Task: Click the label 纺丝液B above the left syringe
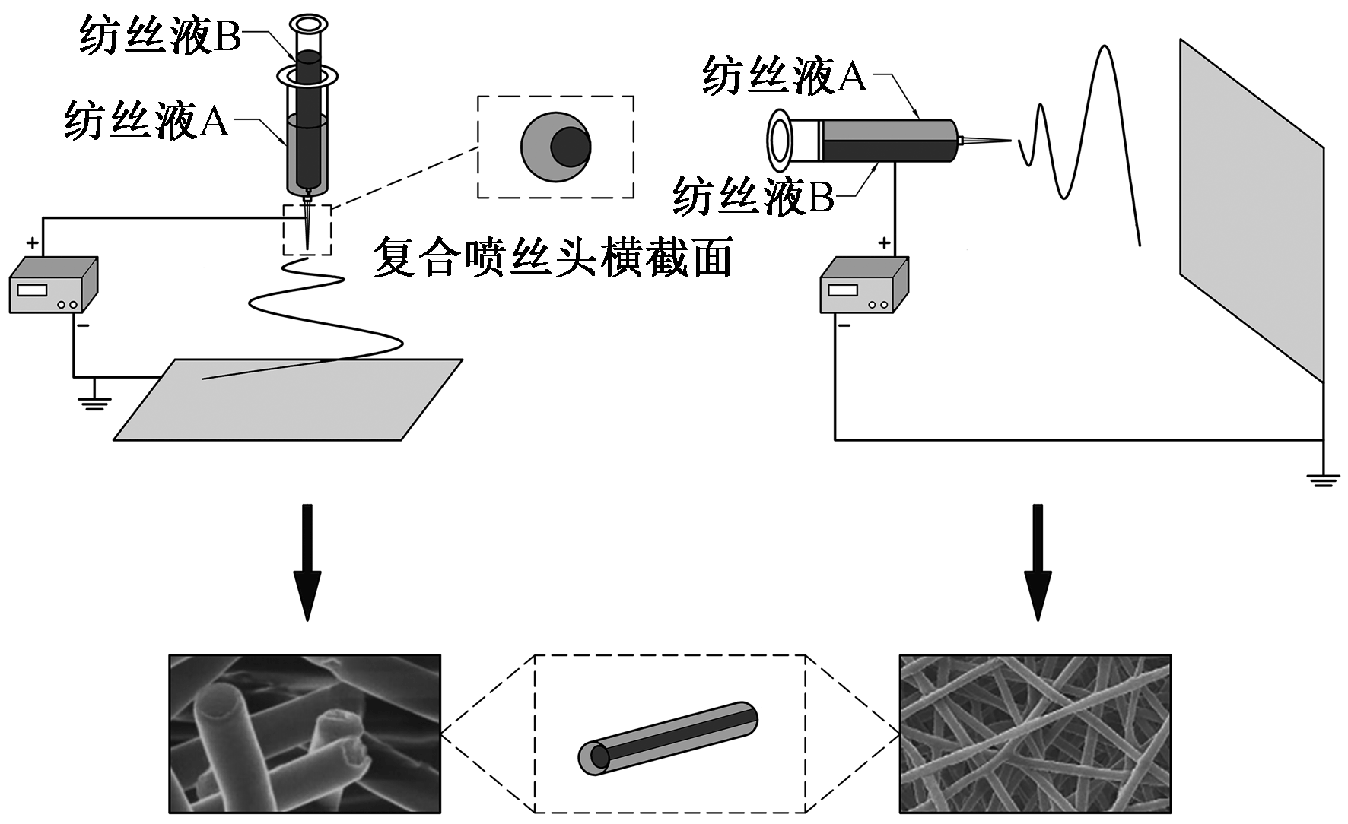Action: pyautogui.click(x=160, y=36)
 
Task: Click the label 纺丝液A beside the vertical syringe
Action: pyautogui.click(x=147, y=121)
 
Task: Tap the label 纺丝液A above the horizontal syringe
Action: pyautogui.click(x=784, y=76)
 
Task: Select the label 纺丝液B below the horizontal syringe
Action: pyautogui.click(x=753, y=196)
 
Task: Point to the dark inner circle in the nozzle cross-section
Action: pyautogui.click(x=571, y=147)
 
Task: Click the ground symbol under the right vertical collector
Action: pyautogui.click(x=1323, y=479)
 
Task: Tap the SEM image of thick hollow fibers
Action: pyautogui.click(x=304, y=733)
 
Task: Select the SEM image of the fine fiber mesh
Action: pyautogui.click(x=1035, y=733)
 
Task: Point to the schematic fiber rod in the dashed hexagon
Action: pyautogui.click(x=668, y=738)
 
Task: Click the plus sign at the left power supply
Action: pyautogui.click(x=33, y=243)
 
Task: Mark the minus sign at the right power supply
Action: pyautogui.click(x=844, y=326)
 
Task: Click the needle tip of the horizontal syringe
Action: pyautogui.click(x=1009, y=141)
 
